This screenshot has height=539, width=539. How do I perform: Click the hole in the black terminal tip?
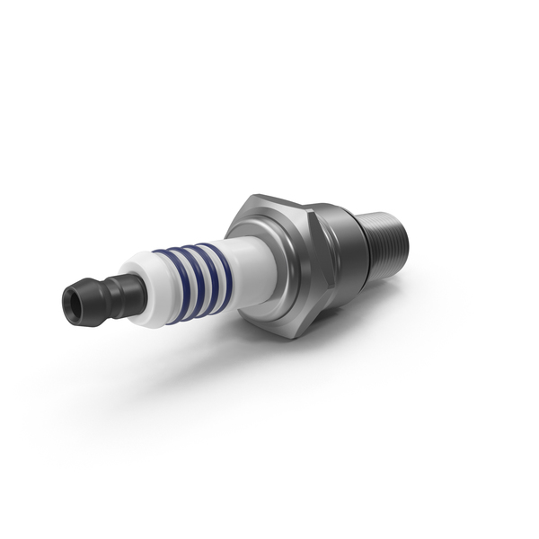click(72, 304)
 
